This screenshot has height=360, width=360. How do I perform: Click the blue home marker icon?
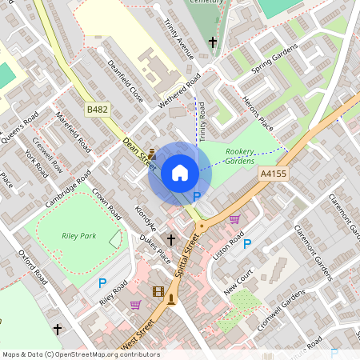pyautogui.click(x=180, y=173)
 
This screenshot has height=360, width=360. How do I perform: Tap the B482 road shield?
pyautogui.click(x=98, y=107)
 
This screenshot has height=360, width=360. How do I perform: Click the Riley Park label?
pyautogui.click(x=78, y=236)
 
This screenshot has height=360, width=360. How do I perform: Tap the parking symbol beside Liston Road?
pyautogui.click(x=247, y=244)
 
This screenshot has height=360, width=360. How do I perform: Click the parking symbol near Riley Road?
pyautogui.click(x=102, y=282)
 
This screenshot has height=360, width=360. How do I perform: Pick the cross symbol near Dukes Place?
pyautogui.click(x=170, y=239)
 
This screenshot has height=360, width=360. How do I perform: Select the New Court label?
pyautogui.click(x=238, y=282)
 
